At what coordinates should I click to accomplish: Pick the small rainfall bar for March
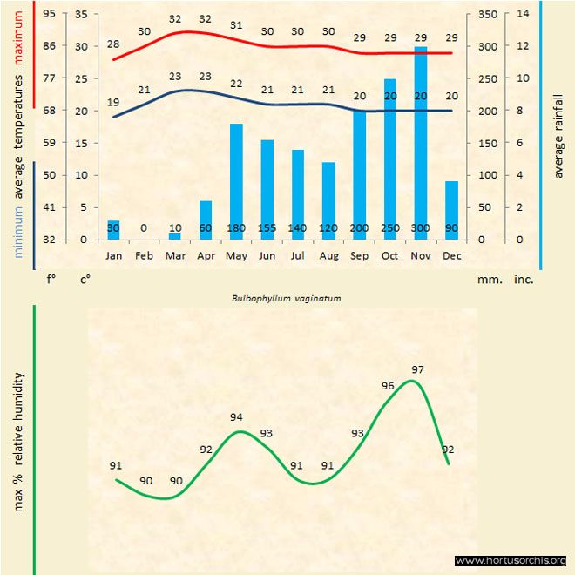(174, 236)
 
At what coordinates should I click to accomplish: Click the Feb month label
(144, 256)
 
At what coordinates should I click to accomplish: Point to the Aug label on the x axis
(328, 256)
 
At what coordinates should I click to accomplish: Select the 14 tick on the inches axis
(523, 14)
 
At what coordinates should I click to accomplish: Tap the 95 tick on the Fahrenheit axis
(49, 14)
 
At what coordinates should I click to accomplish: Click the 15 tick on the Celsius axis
(83, 143)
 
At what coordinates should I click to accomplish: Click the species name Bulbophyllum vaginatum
(286, 298)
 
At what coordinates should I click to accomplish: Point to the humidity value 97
(418, 370)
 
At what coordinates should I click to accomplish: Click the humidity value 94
(236, 417)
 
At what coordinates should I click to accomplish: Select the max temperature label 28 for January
(113, 44)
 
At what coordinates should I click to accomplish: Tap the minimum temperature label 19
(113, 103)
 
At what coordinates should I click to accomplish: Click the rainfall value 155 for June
(267, 227)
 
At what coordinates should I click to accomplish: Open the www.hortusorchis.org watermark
(511, 560)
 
